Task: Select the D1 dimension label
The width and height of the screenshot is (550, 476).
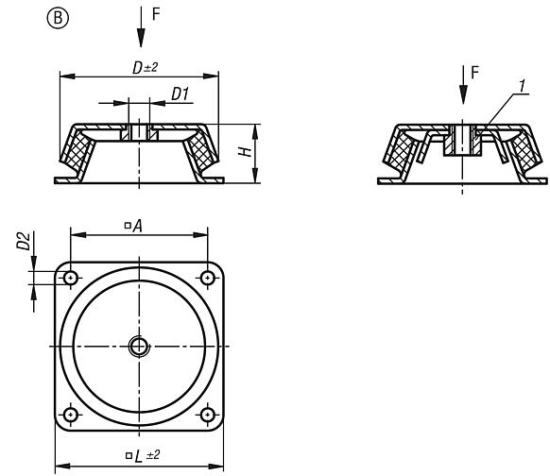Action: pos(181,93)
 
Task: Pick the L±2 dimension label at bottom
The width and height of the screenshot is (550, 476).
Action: pos(138,456)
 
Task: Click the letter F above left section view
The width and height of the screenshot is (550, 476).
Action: pos(156,16)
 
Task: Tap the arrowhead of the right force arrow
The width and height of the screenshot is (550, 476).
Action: pos(462,98)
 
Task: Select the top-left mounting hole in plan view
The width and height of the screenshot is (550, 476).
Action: pos(71,278)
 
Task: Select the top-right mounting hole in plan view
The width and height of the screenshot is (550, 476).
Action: pos(207,278)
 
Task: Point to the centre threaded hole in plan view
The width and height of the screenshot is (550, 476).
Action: pos(139,346)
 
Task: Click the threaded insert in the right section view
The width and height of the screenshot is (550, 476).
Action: pos(462,140)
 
